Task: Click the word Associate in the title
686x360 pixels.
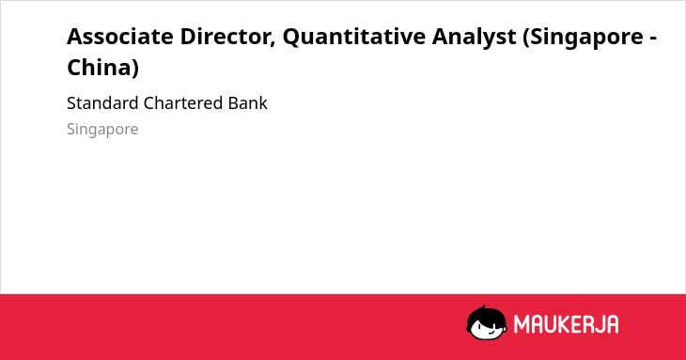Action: click(120, 37)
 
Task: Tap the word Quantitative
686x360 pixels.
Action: click(353, 38)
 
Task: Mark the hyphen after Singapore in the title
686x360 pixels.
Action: click(652, 39)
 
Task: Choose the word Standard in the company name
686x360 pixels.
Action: click(102, 103)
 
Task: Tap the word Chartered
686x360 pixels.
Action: click(183, 103)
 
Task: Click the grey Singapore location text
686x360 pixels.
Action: click(102, 130)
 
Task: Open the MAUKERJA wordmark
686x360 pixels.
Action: click(566, 324)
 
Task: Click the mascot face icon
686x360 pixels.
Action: click(487, 323)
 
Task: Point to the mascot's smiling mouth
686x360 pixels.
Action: click(491, 332)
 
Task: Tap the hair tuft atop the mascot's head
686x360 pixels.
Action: click(483, 307)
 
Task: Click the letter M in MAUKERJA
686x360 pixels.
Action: click(522, 324)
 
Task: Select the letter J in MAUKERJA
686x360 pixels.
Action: click(599, 324)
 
